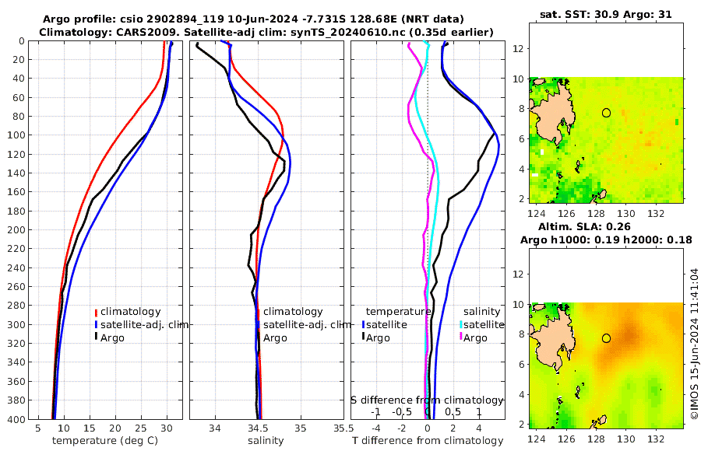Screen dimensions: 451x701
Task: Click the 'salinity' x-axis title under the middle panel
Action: click(x=266, y=441)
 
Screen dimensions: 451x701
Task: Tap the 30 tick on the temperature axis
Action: click(x=166, y=428)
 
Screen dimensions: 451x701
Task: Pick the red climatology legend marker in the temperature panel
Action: click(x=97, y=312)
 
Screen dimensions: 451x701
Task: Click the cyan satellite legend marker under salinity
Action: click(x=461, y=324)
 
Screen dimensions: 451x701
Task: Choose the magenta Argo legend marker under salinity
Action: click(x=461, y=337)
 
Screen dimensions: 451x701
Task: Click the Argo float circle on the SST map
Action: click(x=606, y=113)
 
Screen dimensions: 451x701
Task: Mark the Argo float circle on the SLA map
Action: click(x=606, y=338)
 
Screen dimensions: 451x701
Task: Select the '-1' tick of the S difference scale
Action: click(x=375, y=411)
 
